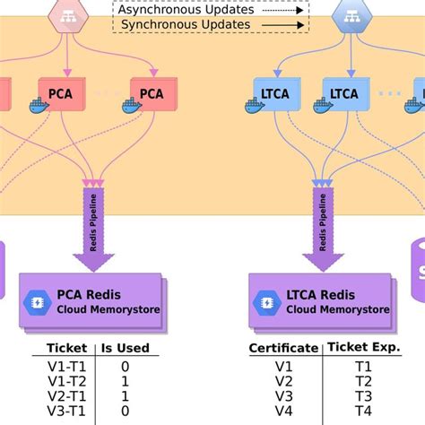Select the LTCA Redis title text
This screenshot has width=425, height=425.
click(321, 294)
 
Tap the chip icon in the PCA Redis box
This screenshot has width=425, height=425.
click(39, 300)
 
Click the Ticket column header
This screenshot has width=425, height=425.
click(66, 348)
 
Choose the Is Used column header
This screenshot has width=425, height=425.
click(125, 348)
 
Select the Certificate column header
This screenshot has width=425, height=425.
click(282, 348)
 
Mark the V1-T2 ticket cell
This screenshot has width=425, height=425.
click(66, 381)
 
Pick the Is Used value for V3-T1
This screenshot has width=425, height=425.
click(125, 411)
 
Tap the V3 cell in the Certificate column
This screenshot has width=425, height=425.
click(282, 396)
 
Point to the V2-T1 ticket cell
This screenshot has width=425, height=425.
click(66, 395)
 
